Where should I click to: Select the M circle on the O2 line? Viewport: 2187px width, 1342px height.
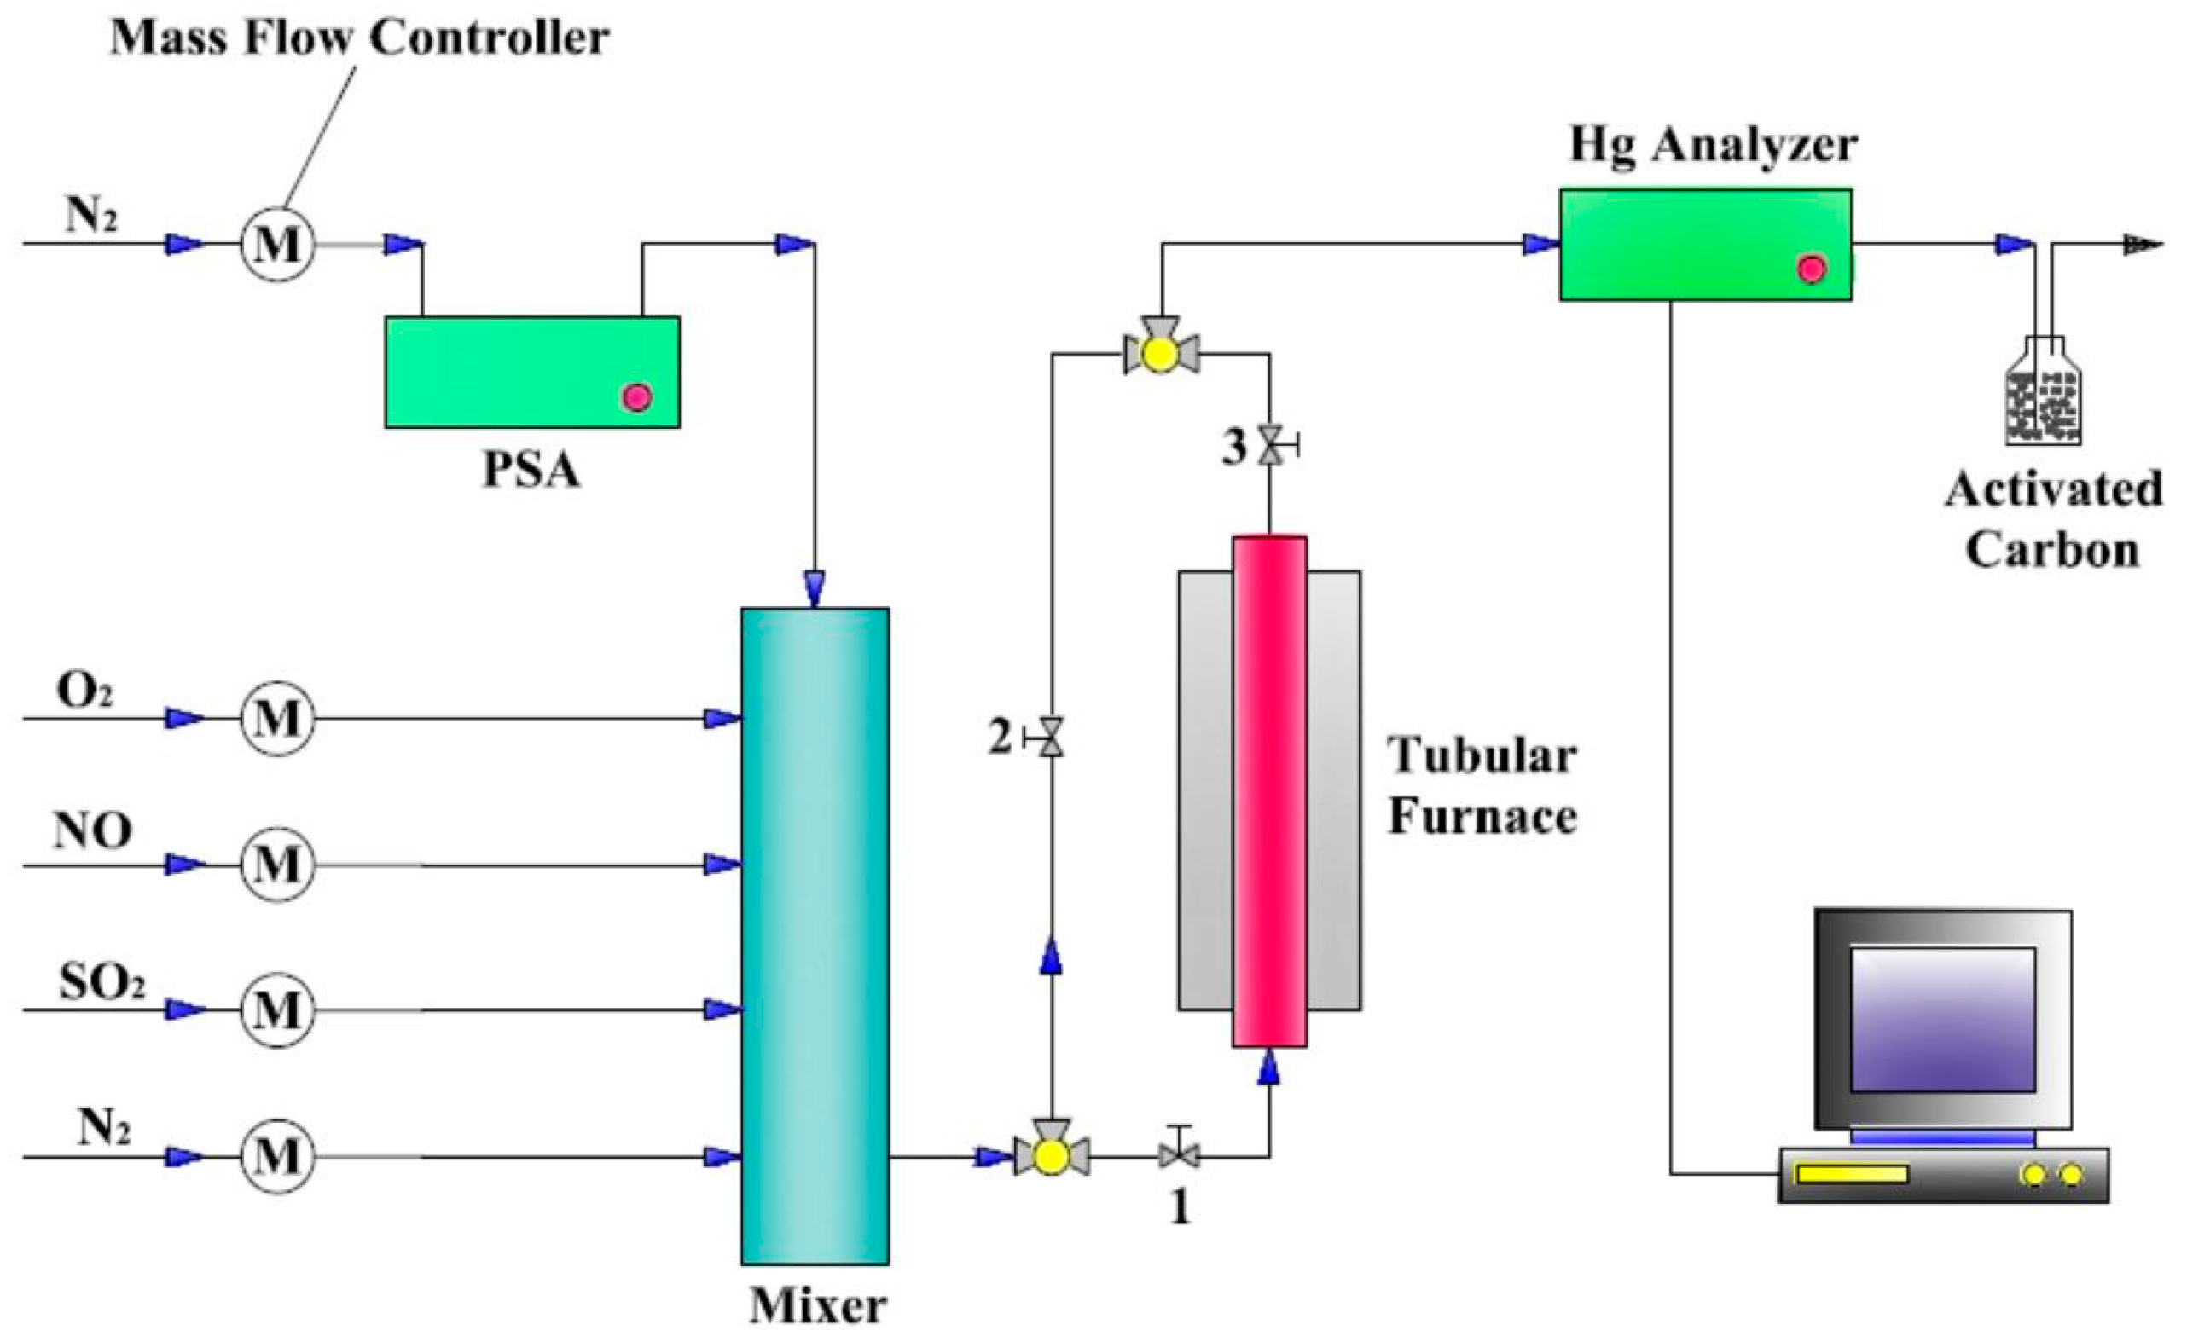(x=277, y=718)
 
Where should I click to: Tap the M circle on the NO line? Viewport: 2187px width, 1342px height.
(x=277, y=865)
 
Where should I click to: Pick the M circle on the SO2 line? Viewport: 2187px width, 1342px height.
(x=277, y=1010)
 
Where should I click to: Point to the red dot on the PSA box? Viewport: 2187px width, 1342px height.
(x=636, y=396)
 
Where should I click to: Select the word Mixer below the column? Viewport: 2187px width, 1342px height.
(x=818, y=1305)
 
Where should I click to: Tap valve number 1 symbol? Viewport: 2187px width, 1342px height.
(x=1179, y=1154)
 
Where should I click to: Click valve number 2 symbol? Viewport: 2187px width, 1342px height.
(x=1053, y=737)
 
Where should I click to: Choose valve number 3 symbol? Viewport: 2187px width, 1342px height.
(x=1272, y=445)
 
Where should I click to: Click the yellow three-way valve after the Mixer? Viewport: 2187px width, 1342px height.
(x=1053, y=1155)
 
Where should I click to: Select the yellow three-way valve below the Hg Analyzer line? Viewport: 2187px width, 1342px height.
(x=1160, y=353)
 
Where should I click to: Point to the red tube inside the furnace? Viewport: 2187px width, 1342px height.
(x=1269, y=790)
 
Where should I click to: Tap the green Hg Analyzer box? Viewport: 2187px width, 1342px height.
(x=1705, y=244)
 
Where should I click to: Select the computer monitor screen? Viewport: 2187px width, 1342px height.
(x=1943, y=1019)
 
